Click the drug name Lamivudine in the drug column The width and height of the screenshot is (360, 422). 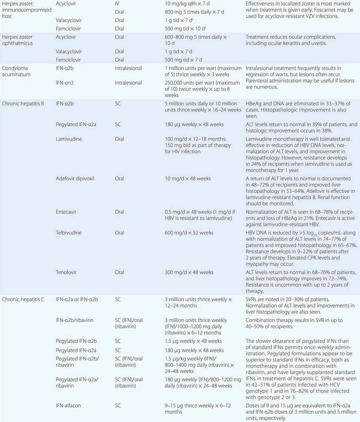point(69,139)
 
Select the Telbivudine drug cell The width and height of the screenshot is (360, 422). point(69,233)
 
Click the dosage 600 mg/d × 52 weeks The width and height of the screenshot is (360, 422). point(189,233)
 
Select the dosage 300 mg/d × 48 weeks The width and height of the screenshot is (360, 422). point(189,272)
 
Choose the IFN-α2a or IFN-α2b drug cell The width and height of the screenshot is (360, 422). point(78,300)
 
